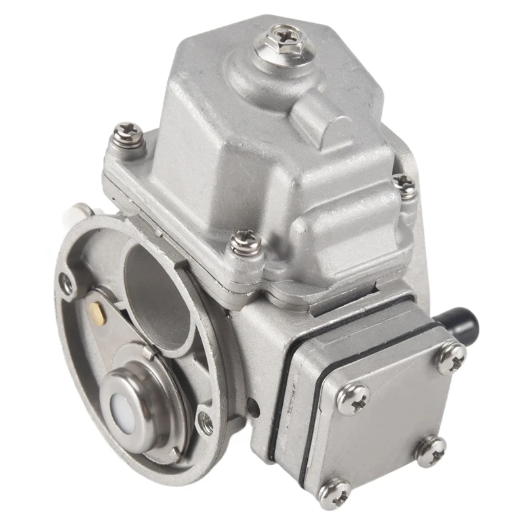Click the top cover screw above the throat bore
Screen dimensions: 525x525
(245, 244)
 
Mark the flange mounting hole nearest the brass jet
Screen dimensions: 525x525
(66, 283)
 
